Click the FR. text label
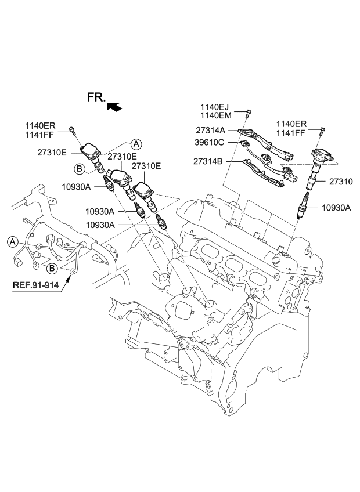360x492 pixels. coord(96,97)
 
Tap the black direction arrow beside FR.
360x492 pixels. coord(115,106)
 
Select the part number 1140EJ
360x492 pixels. coord(215,107)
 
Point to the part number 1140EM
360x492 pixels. coord(215,116)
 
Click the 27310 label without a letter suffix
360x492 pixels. coord(341,182)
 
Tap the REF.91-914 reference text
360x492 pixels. coord(37,285)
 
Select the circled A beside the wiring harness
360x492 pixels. coord(12,241)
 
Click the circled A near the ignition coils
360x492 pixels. coord(135,143)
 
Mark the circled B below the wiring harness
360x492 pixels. coord(52,267)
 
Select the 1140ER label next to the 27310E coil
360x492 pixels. coord(39,125)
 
